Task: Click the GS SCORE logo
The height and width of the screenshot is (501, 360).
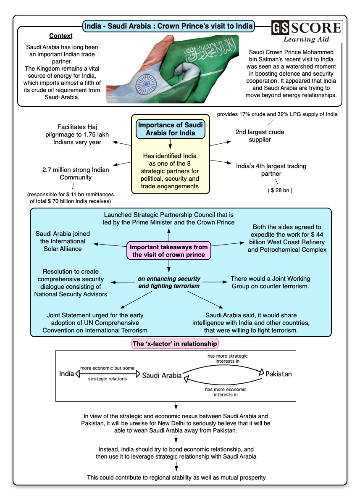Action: point(307,28)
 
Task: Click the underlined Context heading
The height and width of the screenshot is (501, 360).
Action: point(60,36)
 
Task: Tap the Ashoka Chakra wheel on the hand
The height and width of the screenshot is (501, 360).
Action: point(146,84)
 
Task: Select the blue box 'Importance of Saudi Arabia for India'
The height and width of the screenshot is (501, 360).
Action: point(170,129)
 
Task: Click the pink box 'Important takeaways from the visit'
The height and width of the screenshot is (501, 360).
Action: point(169,251)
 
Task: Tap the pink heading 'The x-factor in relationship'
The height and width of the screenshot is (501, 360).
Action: point(175,344)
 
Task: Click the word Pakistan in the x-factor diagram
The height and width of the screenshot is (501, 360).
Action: point(279,374)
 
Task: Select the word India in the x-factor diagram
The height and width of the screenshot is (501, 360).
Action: point(66,374)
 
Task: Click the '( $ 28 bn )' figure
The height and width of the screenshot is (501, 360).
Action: point(280,190)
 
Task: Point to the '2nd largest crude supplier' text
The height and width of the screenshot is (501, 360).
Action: point(260,136)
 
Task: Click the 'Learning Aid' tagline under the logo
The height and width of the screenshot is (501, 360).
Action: point(306,40)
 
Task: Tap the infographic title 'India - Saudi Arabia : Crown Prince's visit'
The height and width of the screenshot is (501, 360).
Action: point(169,26)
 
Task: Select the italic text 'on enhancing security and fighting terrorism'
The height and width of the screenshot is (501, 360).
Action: point(169,282)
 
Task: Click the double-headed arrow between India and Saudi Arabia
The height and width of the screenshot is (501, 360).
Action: point(108,374)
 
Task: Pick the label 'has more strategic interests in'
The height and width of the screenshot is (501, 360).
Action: point(227,359)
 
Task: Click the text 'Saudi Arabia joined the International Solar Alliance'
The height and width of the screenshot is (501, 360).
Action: point(63,241)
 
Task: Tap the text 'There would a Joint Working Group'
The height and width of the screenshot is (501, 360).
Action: point(270,282)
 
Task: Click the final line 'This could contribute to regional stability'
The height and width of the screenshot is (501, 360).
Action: point(176,477)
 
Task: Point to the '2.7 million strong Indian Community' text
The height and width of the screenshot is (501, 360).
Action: point(76,174)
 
